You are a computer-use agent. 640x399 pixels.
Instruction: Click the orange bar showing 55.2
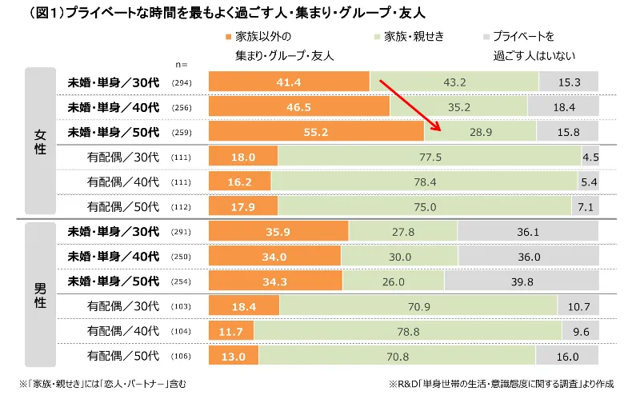click(x=316, y=132)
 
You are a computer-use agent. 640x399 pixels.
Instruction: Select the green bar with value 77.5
click(x=430, y=157)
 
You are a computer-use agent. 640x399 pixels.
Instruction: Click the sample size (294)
click(x=182, y=83)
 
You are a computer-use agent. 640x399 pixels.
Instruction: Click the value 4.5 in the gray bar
click(x=591, y=157)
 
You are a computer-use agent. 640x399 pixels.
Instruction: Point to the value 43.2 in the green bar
click(x=454, y=82)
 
